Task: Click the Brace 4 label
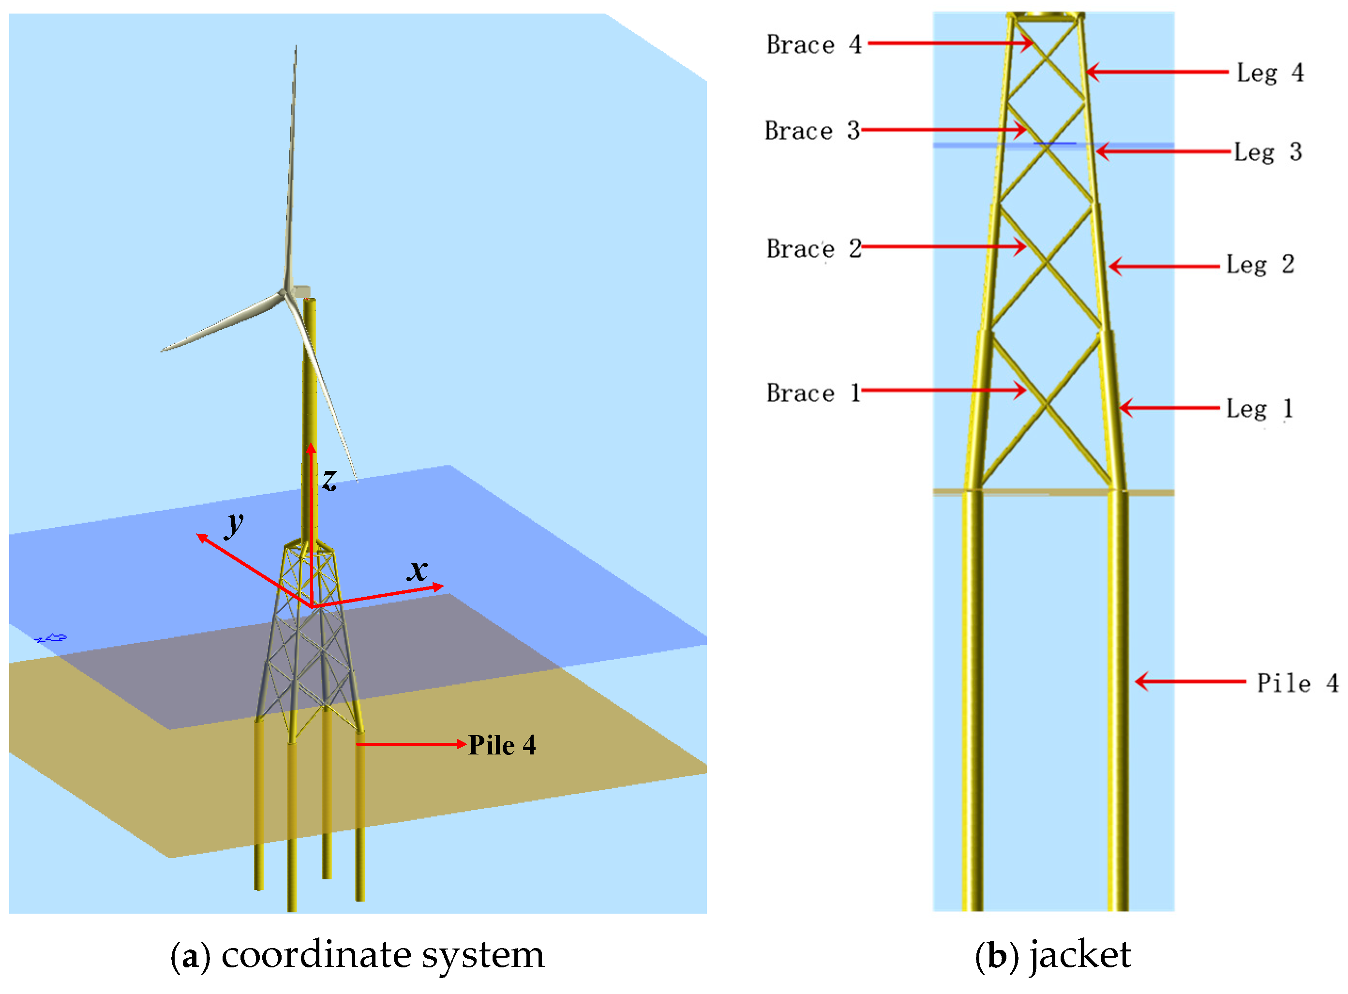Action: pyautogui.click(x=813, y=45)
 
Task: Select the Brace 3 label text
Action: pyautogui.click(x=812, y=131)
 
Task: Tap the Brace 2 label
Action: pyautogui.click(x=813, y=249)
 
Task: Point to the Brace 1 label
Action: pyautogui.click(x=813, y=393)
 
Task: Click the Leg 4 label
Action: pyautogui.click(x=1270, y=73)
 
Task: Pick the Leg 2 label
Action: pyautogui.click(x=1259, y=264)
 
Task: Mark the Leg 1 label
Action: pyautogui.click(x=1259, y=408)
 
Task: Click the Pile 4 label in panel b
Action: pyautogui.click(x=1297, y=683)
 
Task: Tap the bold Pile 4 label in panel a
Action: pyautogui.click(x=502, y=745)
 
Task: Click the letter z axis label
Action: pyautogui.click(x=329, y=480)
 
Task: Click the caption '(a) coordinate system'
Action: pyautogui.click(x=357, y=954)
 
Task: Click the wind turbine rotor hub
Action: pyautogui.click(x=283, y=293)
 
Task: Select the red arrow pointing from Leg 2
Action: pyautogui.click(x=1164, y=266)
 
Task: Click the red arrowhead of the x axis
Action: pyautogui.click(x=438, y=586)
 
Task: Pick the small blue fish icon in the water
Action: pyautogui.click(x=52, y=638)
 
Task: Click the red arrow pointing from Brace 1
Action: pyautogui.click(x=943, y=390)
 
